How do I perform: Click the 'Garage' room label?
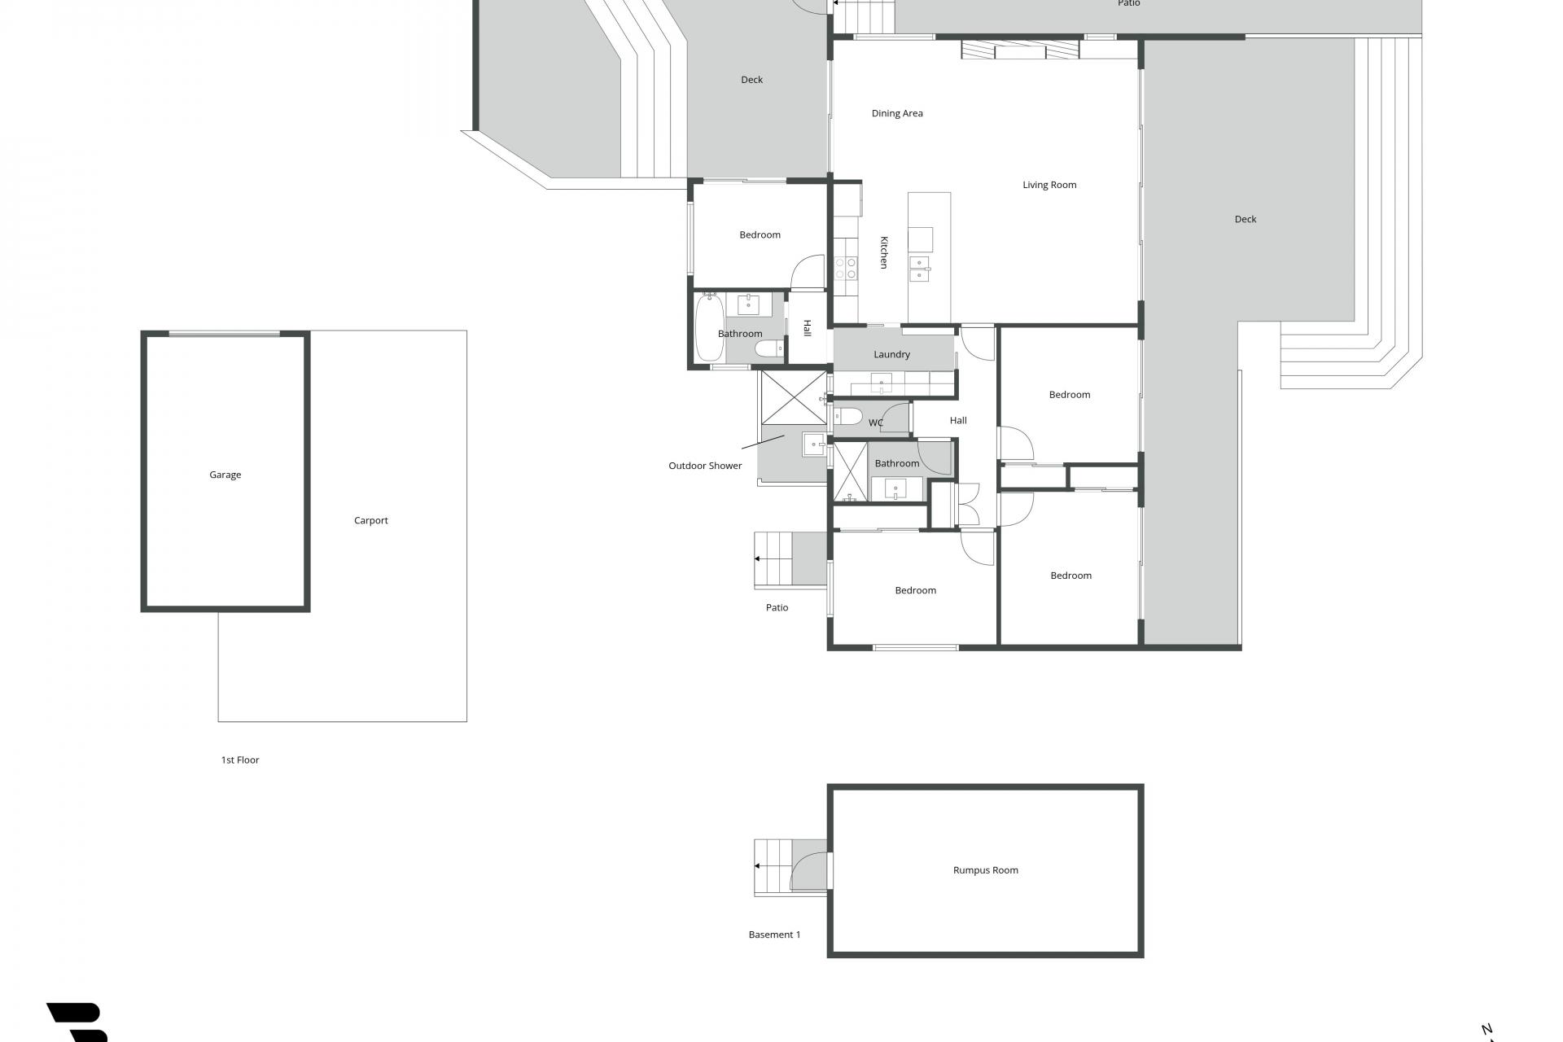225,475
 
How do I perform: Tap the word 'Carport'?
371,520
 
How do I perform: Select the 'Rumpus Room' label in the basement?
986,870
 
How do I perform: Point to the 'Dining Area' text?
897,113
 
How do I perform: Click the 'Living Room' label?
1049,185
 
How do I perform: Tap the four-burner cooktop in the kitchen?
846,268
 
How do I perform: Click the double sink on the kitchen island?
921,269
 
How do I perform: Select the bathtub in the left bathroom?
710,327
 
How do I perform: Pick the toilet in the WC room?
848,417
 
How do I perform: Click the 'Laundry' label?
891,354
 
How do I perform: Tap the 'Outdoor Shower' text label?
705,466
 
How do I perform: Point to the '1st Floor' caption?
240,760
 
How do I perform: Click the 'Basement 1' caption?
774,935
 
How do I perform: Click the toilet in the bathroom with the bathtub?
768,349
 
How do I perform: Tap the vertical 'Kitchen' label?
883,252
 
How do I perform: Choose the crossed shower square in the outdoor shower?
794,397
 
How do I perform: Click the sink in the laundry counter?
881,383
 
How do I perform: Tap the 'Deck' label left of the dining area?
751,80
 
